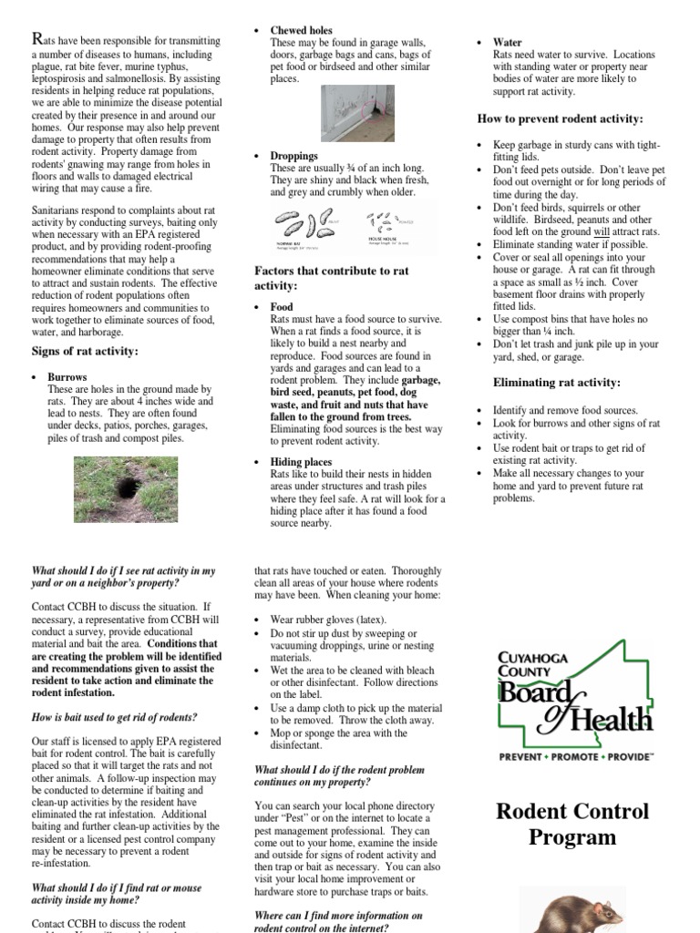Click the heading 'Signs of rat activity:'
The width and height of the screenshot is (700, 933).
pos(85,351)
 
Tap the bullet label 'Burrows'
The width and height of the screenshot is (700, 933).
pos(67,376)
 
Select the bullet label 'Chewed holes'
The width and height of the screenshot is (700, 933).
pos(301,30)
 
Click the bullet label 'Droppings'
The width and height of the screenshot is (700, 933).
pos(293,156)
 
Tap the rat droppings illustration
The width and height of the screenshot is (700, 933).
pos(355,228)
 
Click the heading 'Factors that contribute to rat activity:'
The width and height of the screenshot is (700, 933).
pos(331,278)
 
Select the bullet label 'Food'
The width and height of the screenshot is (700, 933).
pos(282,307)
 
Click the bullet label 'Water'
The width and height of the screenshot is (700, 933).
pos(507,42)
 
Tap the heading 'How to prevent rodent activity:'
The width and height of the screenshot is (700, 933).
pos(560,119)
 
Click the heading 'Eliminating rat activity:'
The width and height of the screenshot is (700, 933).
pos(556,383)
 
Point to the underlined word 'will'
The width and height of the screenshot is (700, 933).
pos(601,232)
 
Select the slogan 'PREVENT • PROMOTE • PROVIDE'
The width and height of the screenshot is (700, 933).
pos(575,756)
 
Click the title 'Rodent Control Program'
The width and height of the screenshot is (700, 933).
pos(572,824)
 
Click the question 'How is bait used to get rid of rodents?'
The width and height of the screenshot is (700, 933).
pos(114,717)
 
